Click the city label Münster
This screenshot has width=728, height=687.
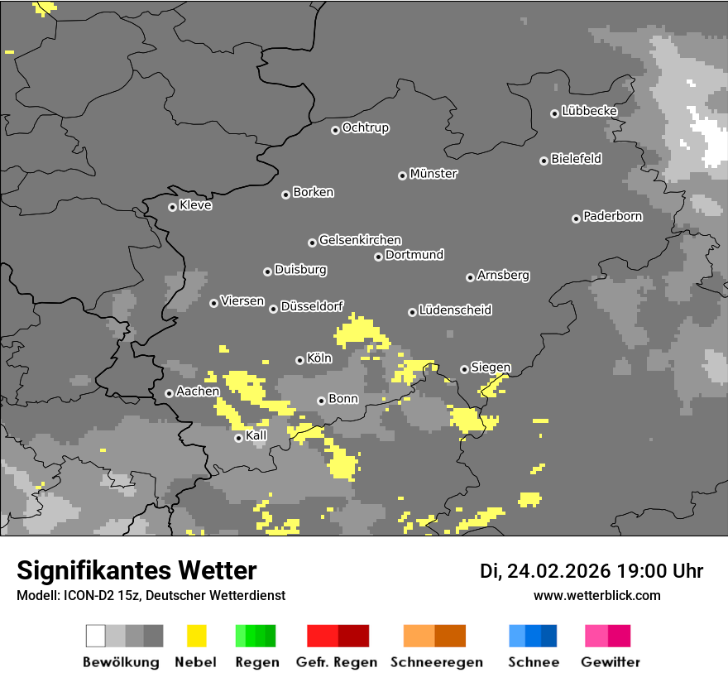pyautogui.click(x=433, y=174)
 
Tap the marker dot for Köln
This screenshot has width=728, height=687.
pyautogui.click(x=299, y=360)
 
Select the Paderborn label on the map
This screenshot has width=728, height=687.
pyautogui.click(x=613, y=216)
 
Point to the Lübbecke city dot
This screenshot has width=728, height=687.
pyautogui.click(x=554, y=113)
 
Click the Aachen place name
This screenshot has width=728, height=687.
pyautogui.click(x=198, y=392)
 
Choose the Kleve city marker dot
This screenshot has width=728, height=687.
pyautogui.click(x=172, y=207)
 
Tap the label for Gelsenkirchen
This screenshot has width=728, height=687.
pyautogui.click(x=360, y=240)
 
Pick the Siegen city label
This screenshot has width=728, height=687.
pyautogui.click(x=491, y=368)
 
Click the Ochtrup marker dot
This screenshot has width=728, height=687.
pyautogui.click(x=335, y=129)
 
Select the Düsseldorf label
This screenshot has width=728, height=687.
pyautogui.click(x=312, y=306)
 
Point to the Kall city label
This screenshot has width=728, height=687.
pyautogui.click(x=256, y=435)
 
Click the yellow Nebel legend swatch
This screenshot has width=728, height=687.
pyautogui.click(x=196, y=636)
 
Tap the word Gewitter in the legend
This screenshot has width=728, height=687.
pyautogui.click(x=611, y=662)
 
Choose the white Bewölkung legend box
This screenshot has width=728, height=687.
pyautogui.click(x=96, y=636)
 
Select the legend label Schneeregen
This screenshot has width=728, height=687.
pyautogui.click(x=434, y=662)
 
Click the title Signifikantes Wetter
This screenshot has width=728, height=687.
pyautogui.click(x=136, y=570)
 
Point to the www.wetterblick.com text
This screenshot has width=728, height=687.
pyautogui.click(x=596, y=595)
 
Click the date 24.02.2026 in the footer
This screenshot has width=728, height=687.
pyautogui.click(x=558, y=571)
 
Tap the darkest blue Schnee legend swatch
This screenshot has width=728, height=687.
pyautogui.click(x=549, y=636)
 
